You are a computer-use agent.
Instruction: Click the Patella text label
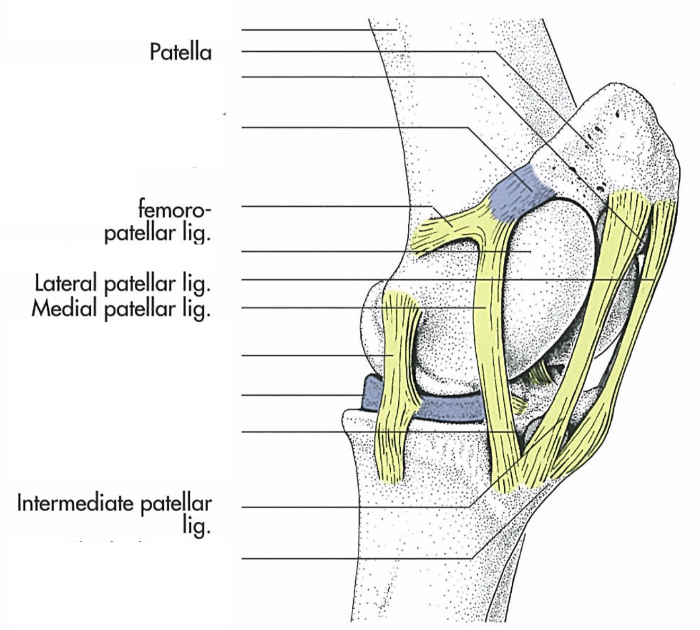pos(180,52)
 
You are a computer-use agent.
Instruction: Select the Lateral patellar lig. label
pos(122,284)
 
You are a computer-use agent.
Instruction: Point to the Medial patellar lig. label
pos(121,309)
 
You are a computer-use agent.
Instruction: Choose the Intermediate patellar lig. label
pos(115,512)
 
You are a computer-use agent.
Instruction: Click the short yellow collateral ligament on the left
pos(395,382)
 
